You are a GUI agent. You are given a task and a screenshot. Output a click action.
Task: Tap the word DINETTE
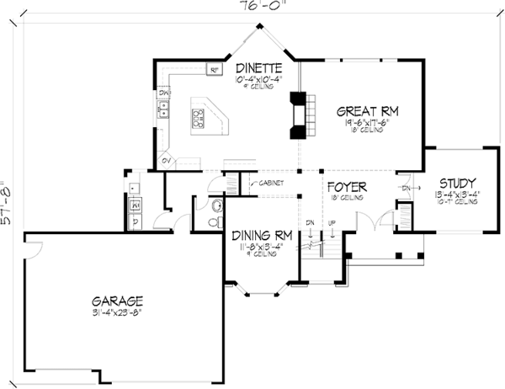coord(259,68)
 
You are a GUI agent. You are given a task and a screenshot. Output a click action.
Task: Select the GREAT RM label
coord(367,110)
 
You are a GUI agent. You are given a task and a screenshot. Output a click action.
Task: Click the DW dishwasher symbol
coord(165,91)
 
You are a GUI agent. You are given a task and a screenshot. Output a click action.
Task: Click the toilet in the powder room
coord(215,206)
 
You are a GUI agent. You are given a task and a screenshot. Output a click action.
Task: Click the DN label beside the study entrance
coord(407,187)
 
